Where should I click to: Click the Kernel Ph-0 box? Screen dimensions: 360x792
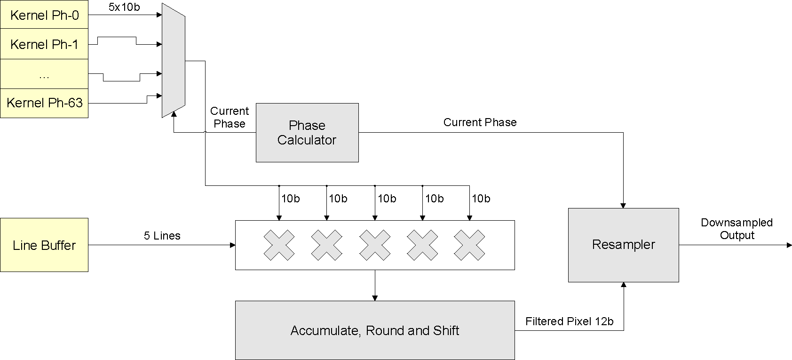coord(44,15)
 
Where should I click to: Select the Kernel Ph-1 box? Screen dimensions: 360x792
coord(44,45)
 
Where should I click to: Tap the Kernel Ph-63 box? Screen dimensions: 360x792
coord(44,103)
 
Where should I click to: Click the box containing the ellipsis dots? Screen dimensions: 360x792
coord(44,74)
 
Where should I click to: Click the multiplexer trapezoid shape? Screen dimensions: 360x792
coord(173,60)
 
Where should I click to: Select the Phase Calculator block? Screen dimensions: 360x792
coord(307,133)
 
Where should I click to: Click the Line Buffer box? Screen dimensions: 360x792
coord(44,245)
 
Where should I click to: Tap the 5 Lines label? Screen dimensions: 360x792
coord(162,236)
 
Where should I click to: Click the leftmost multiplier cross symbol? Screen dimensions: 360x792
coord(279,245)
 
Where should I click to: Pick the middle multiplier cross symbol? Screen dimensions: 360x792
coord(375,245)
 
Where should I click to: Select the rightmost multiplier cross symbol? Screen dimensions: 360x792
coord(470,245)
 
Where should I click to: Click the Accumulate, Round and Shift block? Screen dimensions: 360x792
coord(375,330)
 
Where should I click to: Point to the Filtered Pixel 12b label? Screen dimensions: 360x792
coord(570,321)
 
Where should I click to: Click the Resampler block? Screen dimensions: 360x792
coord(623,245)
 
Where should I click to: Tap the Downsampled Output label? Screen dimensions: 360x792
coord(737,229)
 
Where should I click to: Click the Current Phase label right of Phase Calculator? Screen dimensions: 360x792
coord(480,122)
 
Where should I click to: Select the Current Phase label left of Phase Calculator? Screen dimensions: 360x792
coord(230,117)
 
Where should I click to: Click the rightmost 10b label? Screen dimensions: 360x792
coord(481,199)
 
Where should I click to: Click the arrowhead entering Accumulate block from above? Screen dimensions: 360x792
coord(375,297)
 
